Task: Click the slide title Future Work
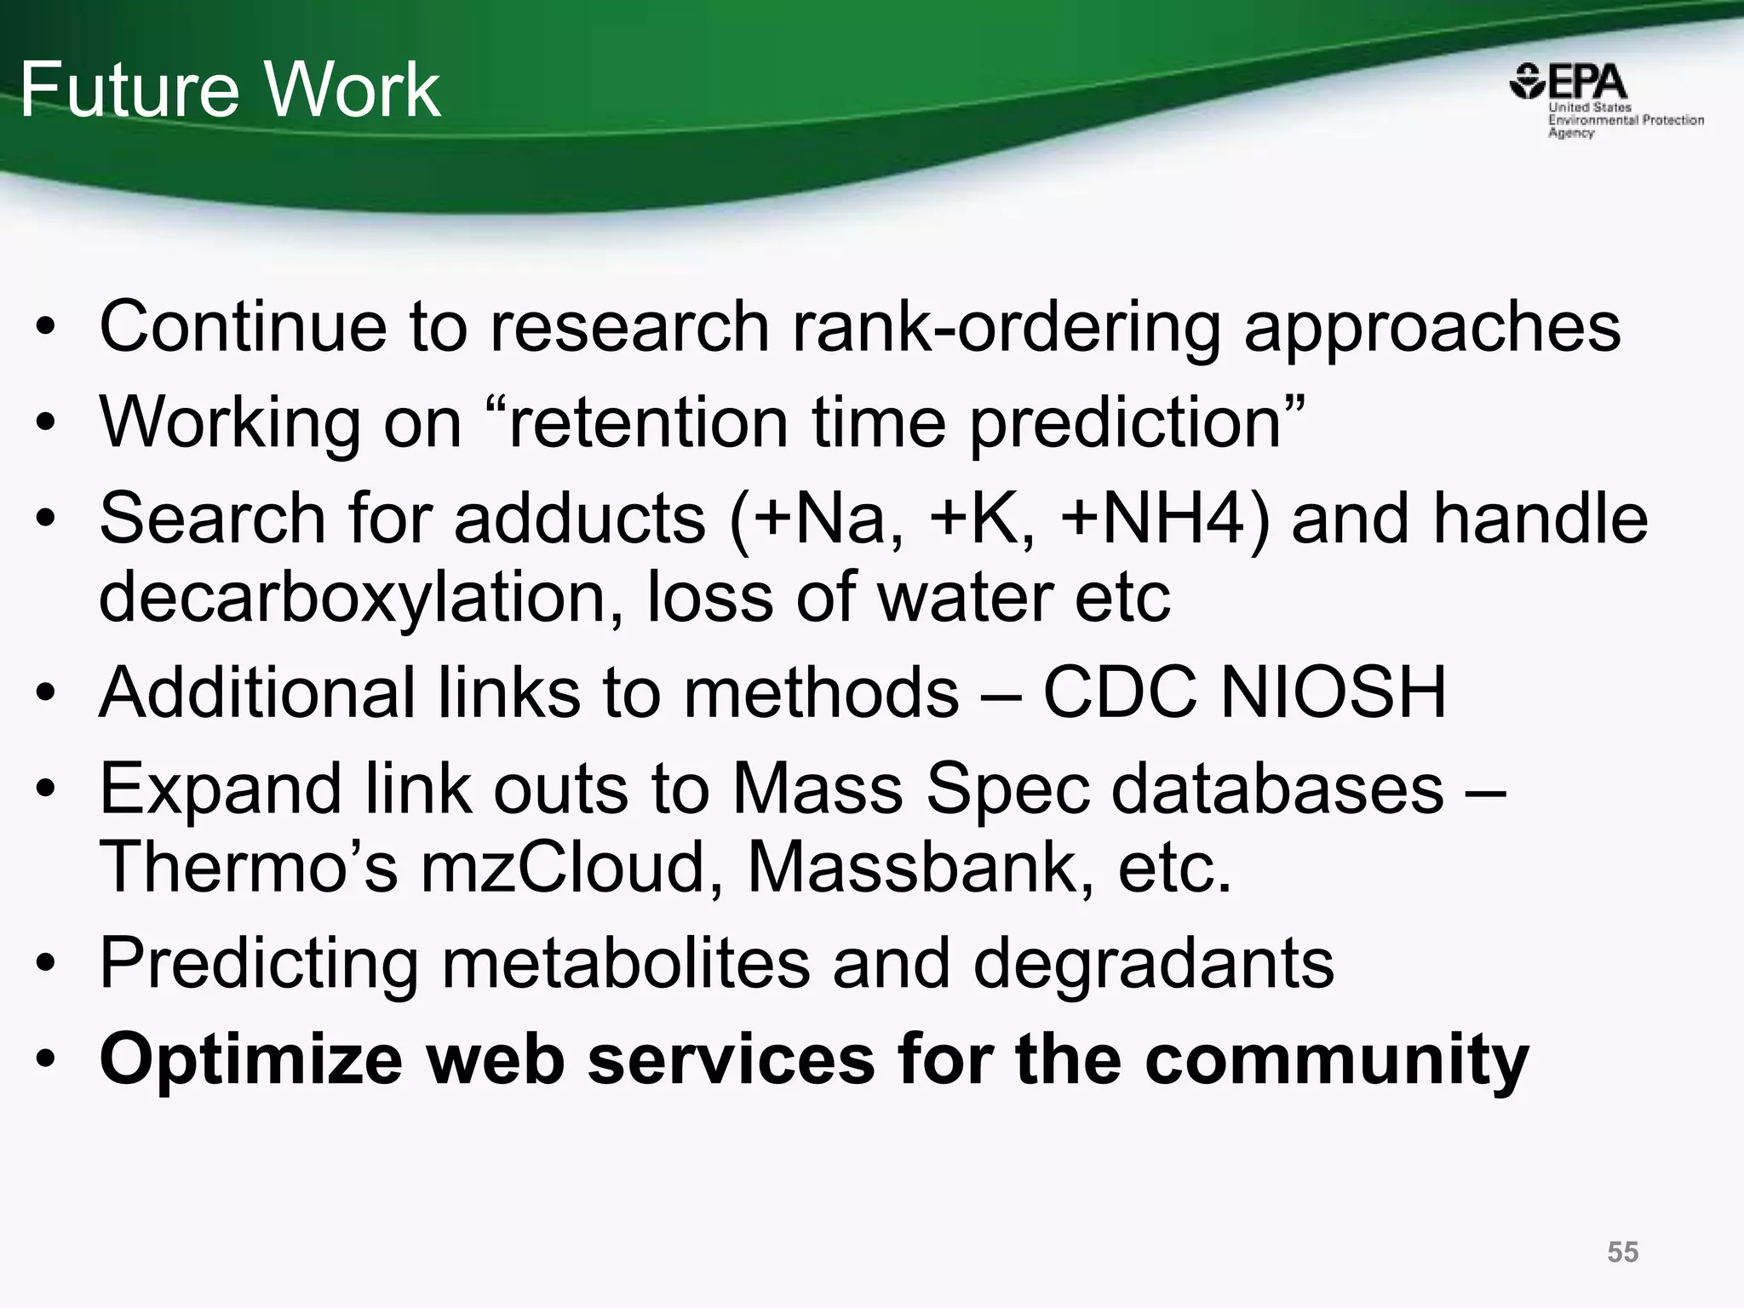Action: (230, 90)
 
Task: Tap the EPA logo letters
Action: (1585, 83)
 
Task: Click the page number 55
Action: (1622, 1253)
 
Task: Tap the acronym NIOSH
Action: (1333, 693)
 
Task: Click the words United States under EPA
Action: (1589, 108)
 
